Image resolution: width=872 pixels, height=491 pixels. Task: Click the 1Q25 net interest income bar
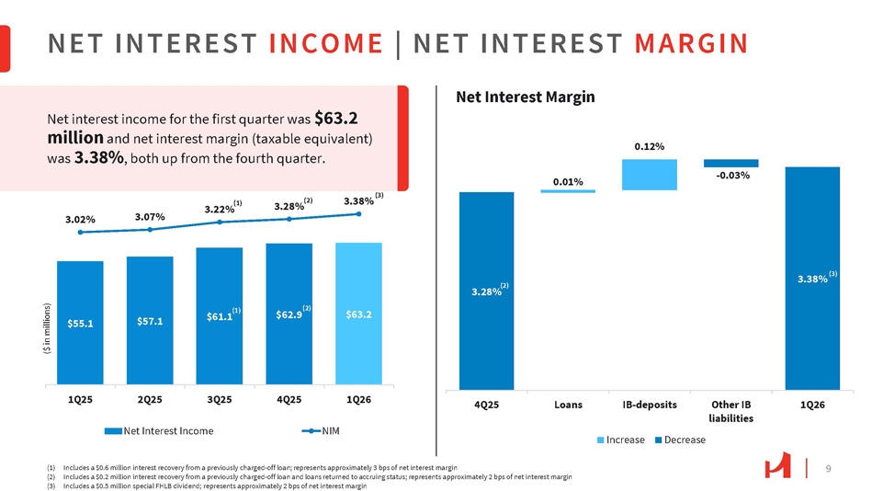click(x=80, y=322)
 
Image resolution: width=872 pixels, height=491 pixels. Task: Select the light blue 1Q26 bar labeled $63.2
click(x=358, y=314)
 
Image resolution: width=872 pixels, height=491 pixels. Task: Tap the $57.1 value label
click(x=150, y=320)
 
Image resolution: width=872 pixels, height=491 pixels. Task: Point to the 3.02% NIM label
click(x=80, y=220)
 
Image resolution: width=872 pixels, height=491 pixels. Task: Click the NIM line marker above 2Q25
click(x=150, y=229)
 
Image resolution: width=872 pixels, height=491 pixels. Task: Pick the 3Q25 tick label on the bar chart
click(x=219, y=401)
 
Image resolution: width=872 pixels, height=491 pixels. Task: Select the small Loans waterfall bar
click(x=568, y=190)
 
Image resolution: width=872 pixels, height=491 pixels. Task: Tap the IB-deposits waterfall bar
click(x=649, y=175)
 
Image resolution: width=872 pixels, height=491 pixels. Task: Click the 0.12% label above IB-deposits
click(x=649, y=146)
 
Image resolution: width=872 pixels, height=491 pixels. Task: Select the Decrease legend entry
click(x=680, y=440)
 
